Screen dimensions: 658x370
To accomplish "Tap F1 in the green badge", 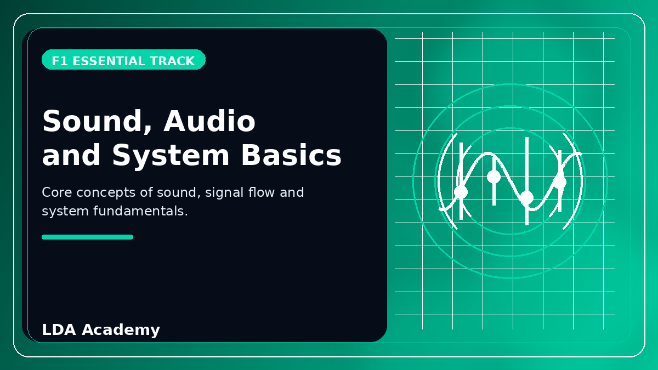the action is point(60,61).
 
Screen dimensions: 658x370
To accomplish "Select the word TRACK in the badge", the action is point(172,61).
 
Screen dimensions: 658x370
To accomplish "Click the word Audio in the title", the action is point(209,121).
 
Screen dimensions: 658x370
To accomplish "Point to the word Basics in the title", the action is point(291,155).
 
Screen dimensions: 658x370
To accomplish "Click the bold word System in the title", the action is point(171,156).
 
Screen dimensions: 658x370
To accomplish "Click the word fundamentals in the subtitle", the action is point(139,211).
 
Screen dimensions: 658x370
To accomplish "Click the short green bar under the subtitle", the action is point(88,237).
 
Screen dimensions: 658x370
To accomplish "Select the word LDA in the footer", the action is point(59,329).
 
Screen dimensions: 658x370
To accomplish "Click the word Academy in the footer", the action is point(121,331).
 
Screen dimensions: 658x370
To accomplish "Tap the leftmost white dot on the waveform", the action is point(461,192).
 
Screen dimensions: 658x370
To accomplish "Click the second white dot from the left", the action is point(494,177).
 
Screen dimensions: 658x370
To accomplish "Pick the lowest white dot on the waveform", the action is point(527,197).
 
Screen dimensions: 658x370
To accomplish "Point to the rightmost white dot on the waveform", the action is point(560,182).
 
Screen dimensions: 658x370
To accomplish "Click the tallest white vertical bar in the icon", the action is point(527,181).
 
